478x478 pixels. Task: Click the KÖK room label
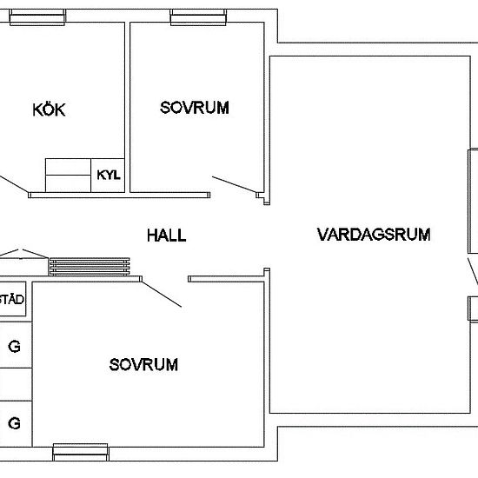coord(49,110)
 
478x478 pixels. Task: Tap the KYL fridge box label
coord(109,175)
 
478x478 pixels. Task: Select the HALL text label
coord(167,236)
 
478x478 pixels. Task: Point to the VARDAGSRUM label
coord(374,235)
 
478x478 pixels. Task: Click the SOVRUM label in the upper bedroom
coord(195,108)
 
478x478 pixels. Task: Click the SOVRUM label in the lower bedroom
coord(143,365)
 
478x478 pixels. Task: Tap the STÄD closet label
coord(11,299)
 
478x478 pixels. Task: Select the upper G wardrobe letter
coord(14,346)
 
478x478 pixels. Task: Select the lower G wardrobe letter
coord(14,423)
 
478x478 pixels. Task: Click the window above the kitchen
coord(37,17)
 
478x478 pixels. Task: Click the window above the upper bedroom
coord(198,17)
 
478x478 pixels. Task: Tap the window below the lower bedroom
coord(81,452)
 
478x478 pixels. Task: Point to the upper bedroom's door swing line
coord(234,184)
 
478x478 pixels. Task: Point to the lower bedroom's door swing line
coord(162,294)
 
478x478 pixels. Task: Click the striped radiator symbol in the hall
coord(90,267)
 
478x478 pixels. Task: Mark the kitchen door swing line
coord(14,183)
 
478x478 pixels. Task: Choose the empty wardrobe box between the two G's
coord(16,384)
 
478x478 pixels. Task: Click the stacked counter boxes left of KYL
coord(69,176)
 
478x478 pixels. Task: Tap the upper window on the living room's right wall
coord(473,201)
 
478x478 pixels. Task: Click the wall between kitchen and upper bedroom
coord(128,107)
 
